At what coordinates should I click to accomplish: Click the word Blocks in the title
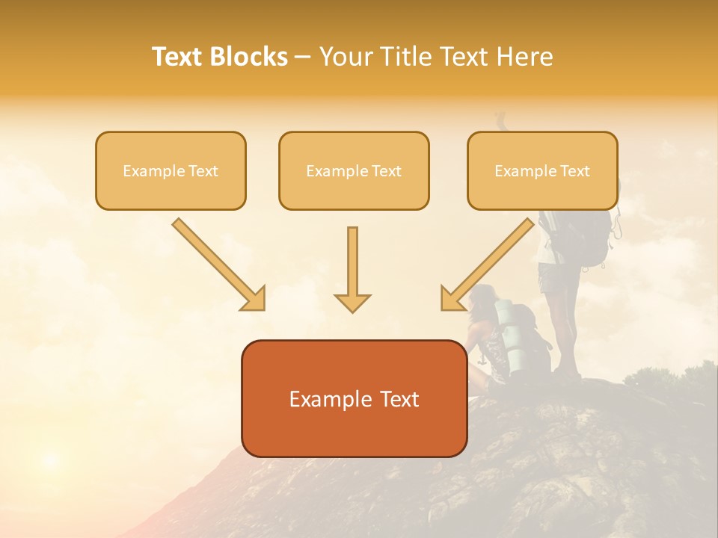coord(249,57)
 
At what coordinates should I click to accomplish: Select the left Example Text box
coord(171,171)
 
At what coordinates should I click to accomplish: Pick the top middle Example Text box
coord(354,171)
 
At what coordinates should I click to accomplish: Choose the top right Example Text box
coord(542,171)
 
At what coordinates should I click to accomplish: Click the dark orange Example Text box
coord(354,399)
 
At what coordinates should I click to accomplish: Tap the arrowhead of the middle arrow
coord(352,302)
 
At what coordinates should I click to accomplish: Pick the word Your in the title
coord(344,57)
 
